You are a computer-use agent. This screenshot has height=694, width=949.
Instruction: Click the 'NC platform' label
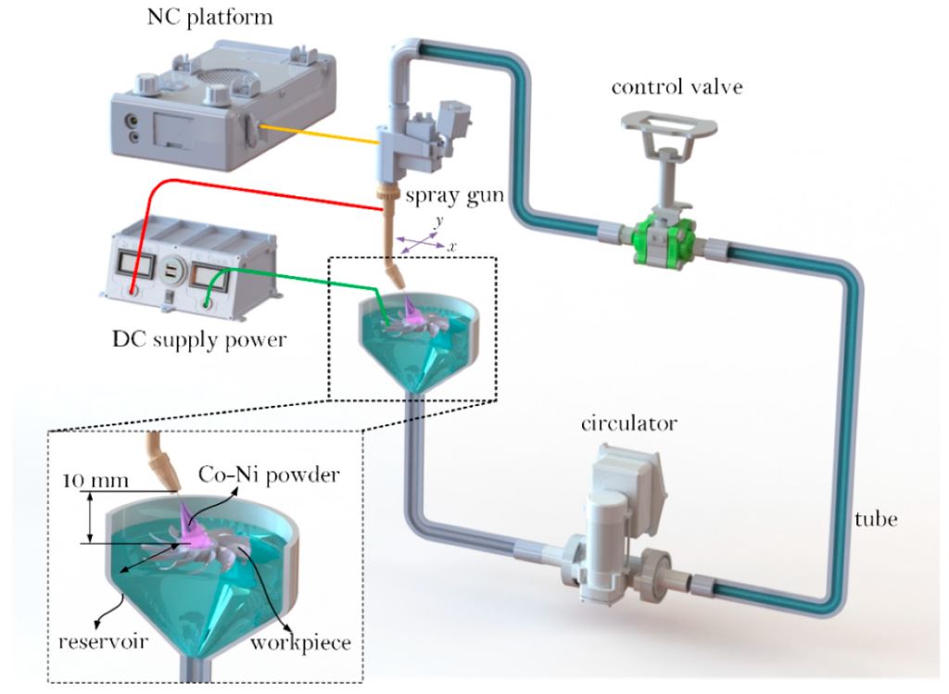(x=210, y=17)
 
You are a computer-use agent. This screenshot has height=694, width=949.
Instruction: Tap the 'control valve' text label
(x=677, y=87)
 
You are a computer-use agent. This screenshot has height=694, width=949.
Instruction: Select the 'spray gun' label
(x=454, y=196)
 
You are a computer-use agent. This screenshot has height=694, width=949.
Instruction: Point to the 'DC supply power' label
(x=200, y=339)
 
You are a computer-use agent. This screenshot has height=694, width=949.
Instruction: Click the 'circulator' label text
(x=629, y=423)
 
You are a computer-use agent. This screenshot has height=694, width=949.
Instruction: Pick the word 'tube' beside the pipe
(x=876, y=519)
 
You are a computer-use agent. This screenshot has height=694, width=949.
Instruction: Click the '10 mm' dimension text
(x=95, y=480)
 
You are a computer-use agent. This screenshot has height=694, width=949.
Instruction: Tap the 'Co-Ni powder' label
(x=269, y=475)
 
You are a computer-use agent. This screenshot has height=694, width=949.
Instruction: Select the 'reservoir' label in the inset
(x=103, y=641)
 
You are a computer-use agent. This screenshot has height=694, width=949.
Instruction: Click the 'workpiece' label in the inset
(x=301, y=642)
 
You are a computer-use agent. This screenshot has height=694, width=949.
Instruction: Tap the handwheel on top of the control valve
(x=669, y=126)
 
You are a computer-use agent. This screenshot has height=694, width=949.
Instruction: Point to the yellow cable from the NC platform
(x=320, y=134)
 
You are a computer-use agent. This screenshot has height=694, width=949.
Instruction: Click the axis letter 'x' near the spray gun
(x=451, y=246)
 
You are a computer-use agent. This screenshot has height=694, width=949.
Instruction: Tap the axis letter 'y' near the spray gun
(x=439, y=221)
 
